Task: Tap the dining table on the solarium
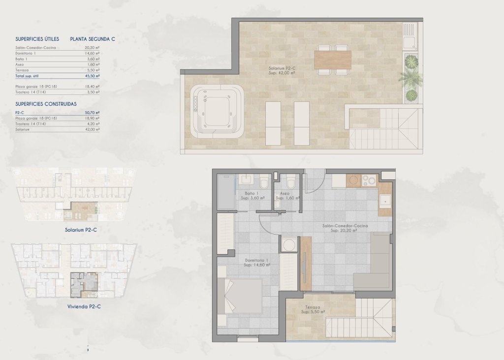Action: pos(333,60)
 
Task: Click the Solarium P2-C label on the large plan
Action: pos(282,70)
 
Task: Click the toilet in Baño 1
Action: pos(264,182)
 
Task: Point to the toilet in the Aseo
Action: pos(290,182)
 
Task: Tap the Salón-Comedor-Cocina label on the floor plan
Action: pos(346,228)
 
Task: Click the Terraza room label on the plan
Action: pos(313,309)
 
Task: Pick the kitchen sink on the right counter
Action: pos(385,200)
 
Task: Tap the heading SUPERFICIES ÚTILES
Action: pos(37,39)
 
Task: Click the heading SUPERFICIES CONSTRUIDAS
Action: pos(46,104)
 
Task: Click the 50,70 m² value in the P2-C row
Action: pos(92,113)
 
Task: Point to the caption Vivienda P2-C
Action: pos(84,306)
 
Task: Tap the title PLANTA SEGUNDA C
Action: pos(93,39)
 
